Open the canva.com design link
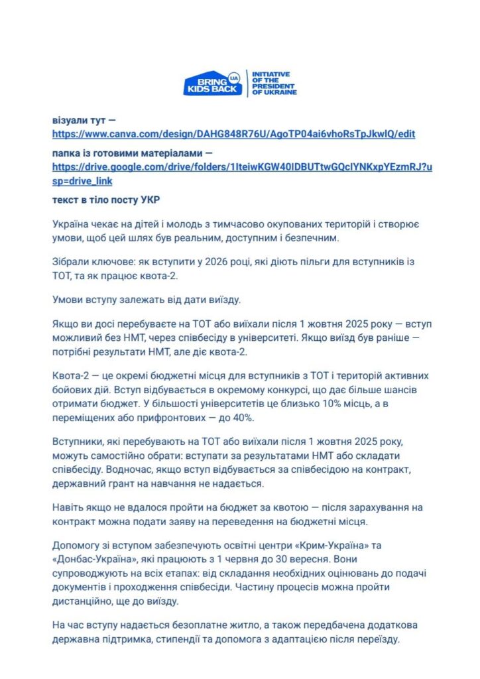pyautogui.click(x=233, y=134)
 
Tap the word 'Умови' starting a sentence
pyautogui.click(x=68, y=298)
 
